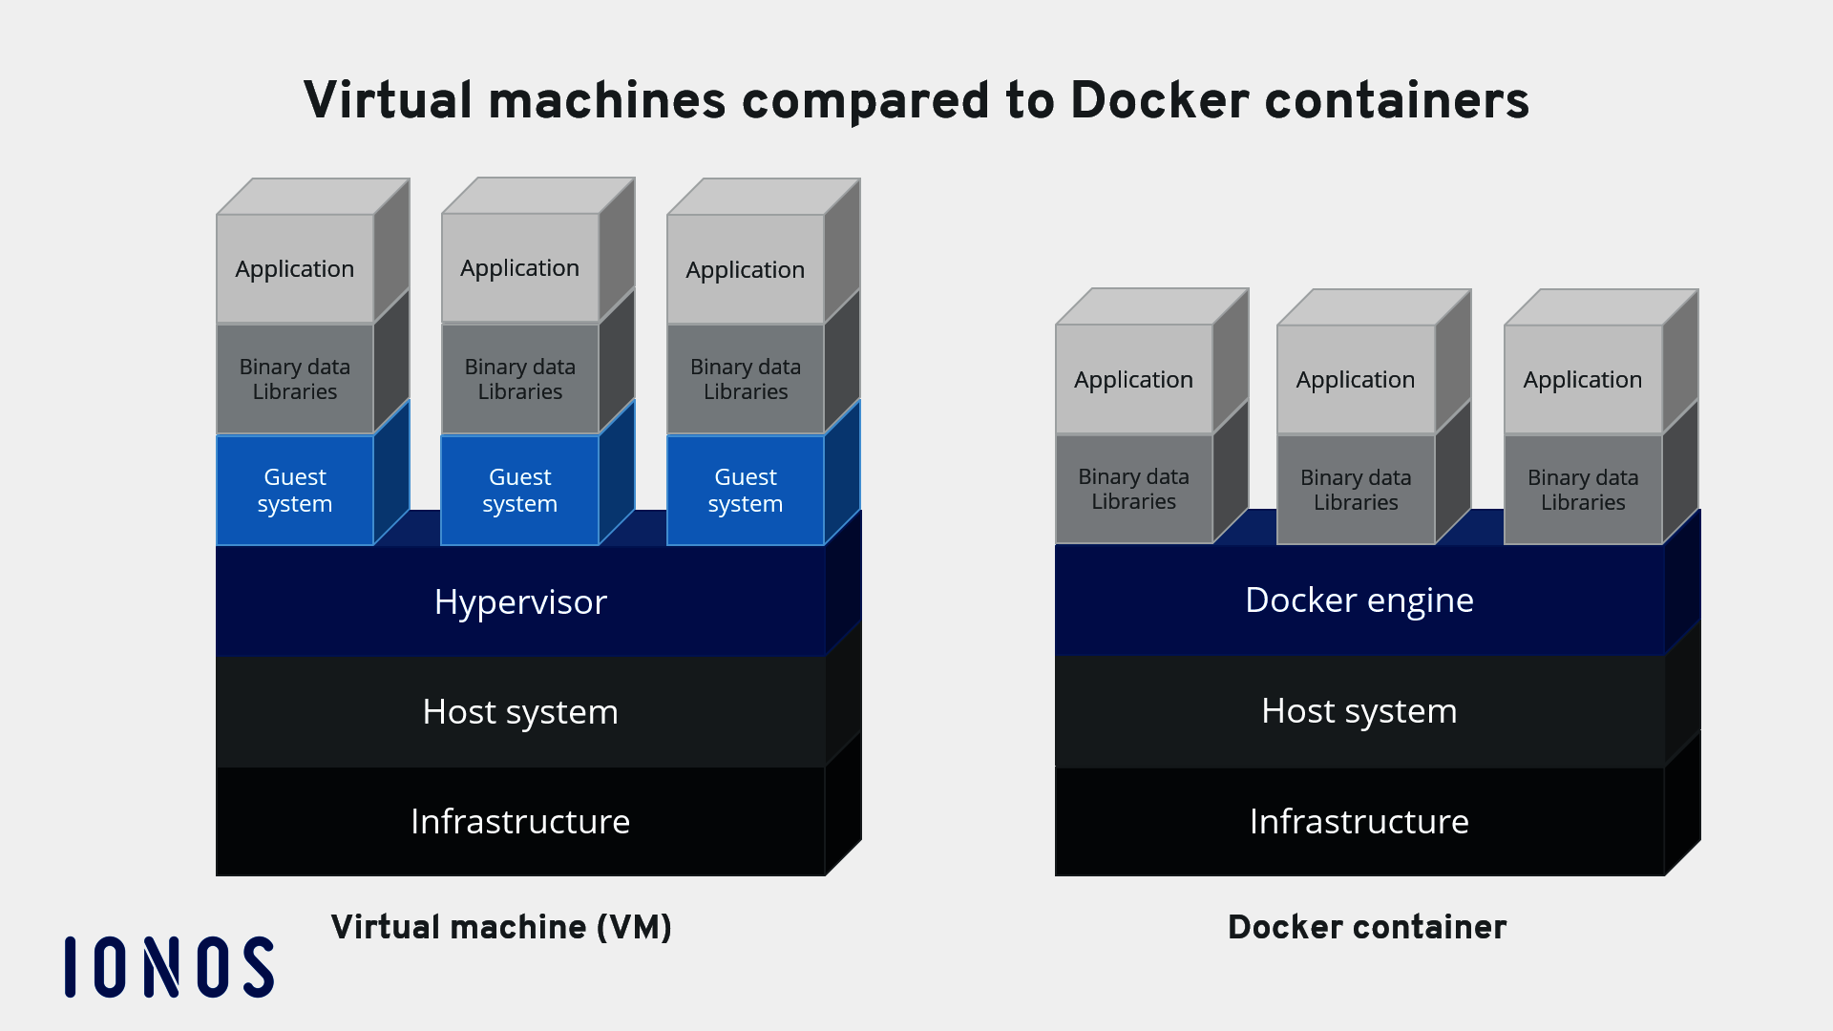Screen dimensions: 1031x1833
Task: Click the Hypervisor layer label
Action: pos(520,601)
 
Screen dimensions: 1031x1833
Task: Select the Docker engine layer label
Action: pos(1359,600)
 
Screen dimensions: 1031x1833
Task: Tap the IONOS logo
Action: pos(169,966)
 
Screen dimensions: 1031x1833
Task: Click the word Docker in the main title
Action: pos(1159,100)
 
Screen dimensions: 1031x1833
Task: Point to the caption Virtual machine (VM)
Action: pos(501,927)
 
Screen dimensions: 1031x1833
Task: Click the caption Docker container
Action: pos(1366,927)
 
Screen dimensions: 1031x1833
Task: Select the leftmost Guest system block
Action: pos(295,490)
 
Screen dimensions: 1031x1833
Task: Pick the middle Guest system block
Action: pos(519,490)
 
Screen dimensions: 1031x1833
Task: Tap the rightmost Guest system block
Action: pos(745,490)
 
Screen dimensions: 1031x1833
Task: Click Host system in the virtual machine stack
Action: pos(520,711)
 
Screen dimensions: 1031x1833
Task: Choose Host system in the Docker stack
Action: pos(1359,710)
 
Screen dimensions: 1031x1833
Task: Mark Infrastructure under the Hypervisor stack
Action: pos(520,821)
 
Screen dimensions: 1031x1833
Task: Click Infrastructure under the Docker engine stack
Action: pos(1359,821)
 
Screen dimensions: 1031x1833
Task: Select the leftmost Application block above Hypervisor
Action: pos(295,269)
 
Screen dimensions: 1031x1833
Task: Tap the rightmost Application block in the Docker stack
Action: pos(1582,379)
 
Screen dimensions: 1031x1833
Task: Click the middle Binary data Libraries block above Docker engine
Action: pos(1356,490)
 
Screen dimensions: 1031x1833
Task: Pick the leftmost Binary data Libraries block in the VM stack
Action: pos(295,379)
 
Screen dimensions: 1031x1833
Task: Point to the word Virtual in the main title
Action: pos(388,100)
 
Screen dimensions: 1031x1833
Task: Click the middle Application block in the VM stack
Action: pos(519,268)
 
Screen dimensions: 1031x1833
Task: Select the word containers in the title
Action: pos(1397,100)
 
